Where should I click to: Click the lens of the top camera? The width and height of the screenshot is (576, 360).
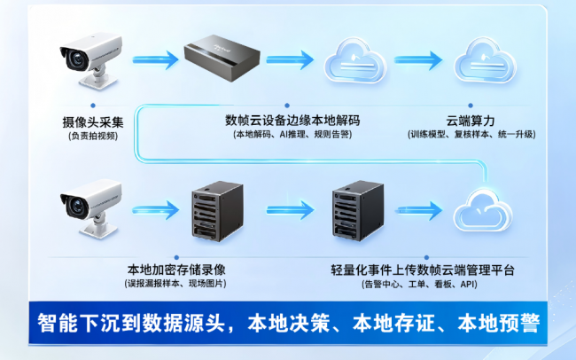pyautogui.click(x=77, y=59)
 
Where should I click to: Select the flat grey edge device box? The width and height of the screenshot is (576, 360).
pyautogui.click(x=222, y=58)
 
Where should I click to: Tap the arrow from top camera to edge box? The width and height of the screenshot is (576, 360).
pyautogui.click(x=155, y=59)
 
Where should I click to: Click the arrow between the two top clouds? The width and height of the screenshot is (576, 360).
pyautogui.click(x=418, y=60)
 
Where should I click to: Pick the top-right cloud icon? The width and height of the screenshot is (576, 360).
pyautogui.click(x=485, y=60)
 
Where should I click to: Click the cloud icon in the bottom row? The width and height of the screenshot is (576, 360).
pyautogui.click(x=483, y=209)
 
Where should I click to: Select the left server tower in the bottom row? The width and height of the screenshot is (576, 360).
pyautogui.click(x=217, y=211)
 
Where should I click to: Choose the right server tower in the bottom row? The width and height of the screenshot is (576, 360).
pyautogui.click(x=358, y=211)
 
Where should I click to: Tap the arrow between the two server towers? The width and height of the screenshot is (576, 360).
pyautogui.click(x=290, y=210)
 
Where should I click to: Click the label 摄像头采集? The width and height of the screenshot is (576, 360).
pyautogui.click(x=93, y=122)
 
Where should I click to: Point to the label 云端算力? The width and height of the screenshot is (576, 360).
pyautogui.click(x=471, y=121)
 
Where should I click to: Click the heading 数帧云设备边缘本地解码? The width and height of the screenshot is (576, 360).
pyautogui.click(x=292, y=121)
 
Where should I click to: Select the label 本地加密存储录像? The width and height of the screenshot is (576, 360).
pyautogui.click(x=176, y=270)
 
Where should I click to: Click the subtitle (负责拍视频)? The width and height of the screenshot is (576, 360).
pyautogui.click(x=93, y=136)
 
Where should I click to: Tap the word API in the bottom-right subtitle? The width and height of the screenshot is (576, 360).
pyautogui.click(x=467, y=284)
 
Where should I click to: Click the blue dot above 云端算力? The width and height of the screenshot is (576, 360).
pyautogui.click(x=471, y=106)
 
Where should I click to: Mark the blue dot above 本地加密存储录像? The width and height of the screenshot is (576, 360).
pyautogui.click(x=176, y=257)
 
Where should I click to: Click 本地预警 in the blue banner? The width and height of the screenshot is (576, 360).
pyautogui.click(x=499, y=323)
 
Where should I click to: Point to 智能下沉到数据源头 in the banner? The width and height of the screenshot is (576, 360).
pyautogui.click(x=131, y=323)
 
